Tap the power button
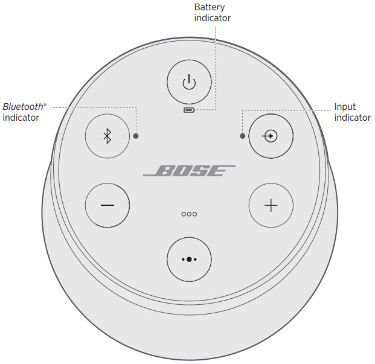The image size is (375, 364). coord(189,82)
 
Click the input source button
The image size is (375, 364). coord(271,136)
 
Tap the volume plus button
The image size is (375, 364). coord(271,205)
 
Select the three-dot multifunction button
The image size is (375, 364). coord(189,260)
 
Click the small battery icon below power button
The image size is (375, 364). coord(189,110)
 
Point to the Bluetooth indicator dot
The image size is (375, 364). coord(136,136)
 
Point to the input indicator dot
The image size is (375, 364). coord(243,136)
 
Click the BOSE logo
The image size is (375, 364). coord(189,171)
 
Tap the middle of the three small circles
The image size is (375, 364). coord(189,214)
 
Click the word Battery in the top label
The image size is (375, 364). coord(210,7)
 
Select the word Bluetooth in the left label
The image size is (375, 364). coord(23,107)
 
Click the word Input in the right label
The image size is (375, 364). coord(345,107)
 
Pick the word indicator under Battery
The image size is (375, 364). coord(213,18)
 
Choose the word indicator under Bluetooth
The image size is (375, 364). coord(21,118)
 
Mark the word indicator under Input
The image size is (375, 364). coord(353,118)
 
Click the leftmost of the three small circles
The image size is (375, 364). coord(184,214)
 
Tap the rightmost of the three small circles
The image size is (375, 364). coord(194,214)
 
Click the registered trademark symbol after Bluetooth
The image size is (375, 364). coord(45,104)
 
